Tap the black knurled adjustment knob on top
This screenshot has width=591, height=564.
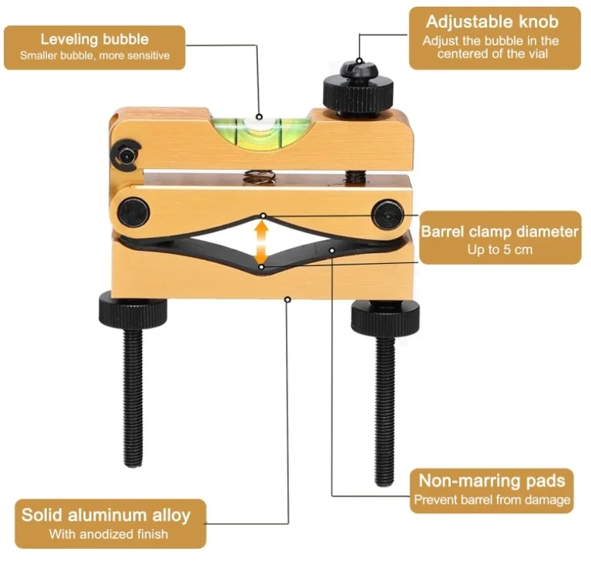pyautogui.click(x=357, y=93)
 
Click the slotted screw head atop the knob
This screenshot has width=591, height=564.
pyautogui.click(x=358, y=68)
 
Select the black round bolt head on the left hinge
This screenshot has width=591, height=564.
pyautogui.click(x=134, y=211)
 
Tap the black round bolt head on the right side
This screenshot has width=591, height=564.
pyautogui.click(x=388, y=215)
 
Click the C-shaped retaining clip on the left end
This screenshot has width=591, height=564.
pyautogui.click(x=126, y=155)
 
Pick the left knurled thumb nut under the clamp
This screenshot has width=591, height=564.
pyautogui.click(x=133, y=312)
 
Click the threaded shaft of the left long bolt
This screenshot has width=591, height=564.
pyautogui.click(x=133, y=397)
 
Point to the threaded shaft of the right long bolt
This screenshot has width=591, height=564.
pyautogui.click(x=385, y=410)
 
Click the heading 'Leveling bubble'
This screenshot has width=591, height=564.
pyautogui.click(x=95, y=39)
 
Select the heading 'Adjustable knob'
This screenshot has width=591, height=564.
pyautogui.click(x=492, y=22)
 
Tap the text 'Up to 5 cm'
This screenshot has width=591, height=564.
pyautogui.click(x=500, y=249)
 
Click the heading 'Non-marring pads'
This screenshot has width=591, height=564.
pyautogui.click(x=492, y=481)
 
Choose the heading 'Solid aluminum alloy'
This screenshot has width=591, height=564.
pyautogui.click(x=106, y=515)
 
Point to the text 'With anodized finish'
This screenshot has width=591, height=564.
pyautogui.click(x=108, y=534)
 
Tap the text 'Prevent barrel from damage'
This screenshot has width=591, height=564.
pyautogui.click(x=492, y=500)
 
